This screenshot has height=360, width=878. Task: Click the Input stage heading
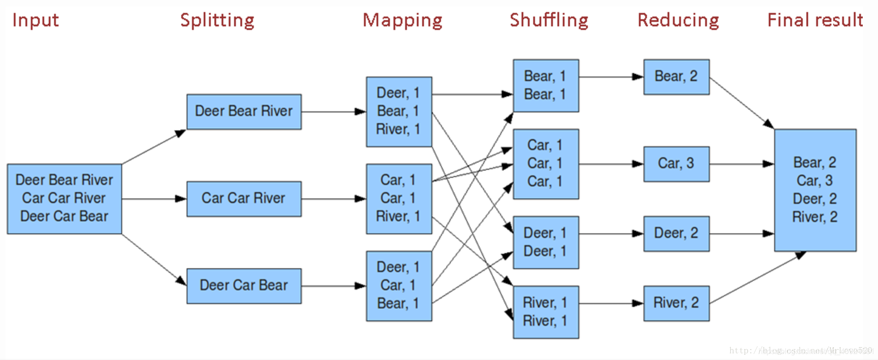click(x=35, y=20)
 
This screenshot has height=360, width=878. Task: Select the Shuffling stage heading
click(x=549, y=20)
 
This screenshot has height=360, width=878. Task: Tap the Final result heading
click(x=815, y=20)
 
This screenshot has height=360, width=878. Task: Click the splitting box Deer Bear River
click(x=244, y=111)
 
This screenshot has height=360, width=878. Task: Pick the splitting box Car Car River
click(x=244, y=199)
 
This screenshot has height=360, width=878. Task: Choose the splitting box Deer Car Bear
click(x=244, y=286)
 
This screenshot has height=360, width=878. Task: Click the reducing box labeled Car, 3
click(x=676, y=164)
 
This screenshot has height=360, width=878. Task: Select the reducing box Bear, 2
click(x=676, y=77)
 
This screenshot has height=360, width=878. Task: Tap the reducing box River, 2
click(x=676, y=303)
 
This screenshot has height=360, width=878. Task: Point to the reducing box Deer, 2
click(x=676, y=233)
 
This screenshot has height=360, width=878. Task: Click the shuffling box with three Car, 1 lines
click(x=546, y=164)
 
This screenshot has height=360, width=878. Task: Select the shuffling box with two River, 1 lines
click(x=546, y=312)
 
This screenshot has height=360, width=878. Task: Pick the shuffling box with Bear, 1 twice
click(x=546, y=86)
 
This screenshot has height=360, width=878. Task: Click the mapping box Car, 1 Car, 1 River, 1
click(x=399, y=199)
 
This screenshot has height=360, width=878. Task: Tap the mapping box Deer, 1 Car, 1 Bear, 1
click(x=399, y=286)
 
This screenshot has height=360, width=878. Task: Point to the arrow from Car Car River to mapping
click(x=333, y=199)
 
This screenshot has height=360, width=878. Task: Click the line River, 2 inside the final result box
click(x=815, y=217)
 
